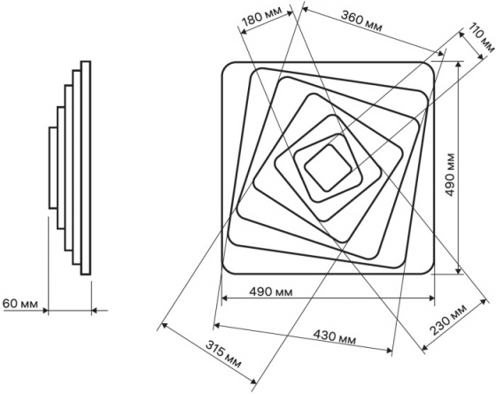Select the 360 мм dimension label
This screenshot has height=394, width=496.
point(361,21)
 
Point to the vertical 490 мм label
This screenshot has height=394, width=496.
point(450,174)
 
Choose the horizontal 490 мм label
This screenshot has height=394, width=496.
point(271,291)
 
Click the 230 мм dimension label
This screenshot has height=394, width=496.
point(448,320)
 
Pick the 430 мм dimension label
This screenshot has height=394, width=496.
point(335,336)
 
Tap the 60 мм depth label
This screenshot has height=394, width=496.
point(20,304)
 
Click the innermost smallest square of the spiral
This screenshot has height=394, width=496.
point(328,168)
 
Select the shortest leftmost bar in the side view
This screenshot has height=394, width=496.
point(53,168)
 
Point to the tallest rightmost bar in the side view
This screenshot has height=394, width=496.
point(86,168)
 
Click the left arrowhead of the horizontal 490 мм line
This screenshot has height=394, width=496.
point(225,297)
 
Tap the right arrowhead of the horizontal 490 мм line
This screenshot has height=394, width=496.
point(431,297)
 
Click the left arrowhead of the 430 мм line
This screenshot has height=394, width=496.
point(217,326)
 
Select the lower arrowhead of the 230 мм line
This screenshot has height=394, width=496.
point(425,348)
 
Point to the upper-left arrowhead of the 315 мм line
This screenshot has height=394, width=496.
point(164,325)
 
